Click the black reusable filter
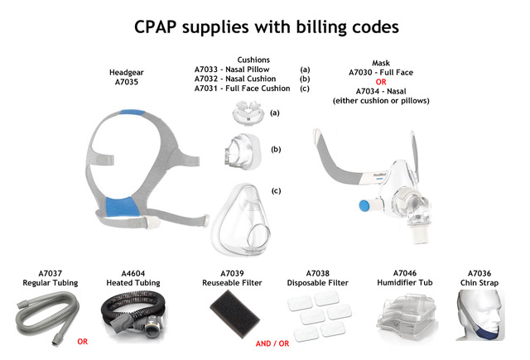point(235,318)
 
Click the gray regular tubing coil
point(46,318)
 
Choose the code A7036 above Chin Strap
point(484,274)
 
